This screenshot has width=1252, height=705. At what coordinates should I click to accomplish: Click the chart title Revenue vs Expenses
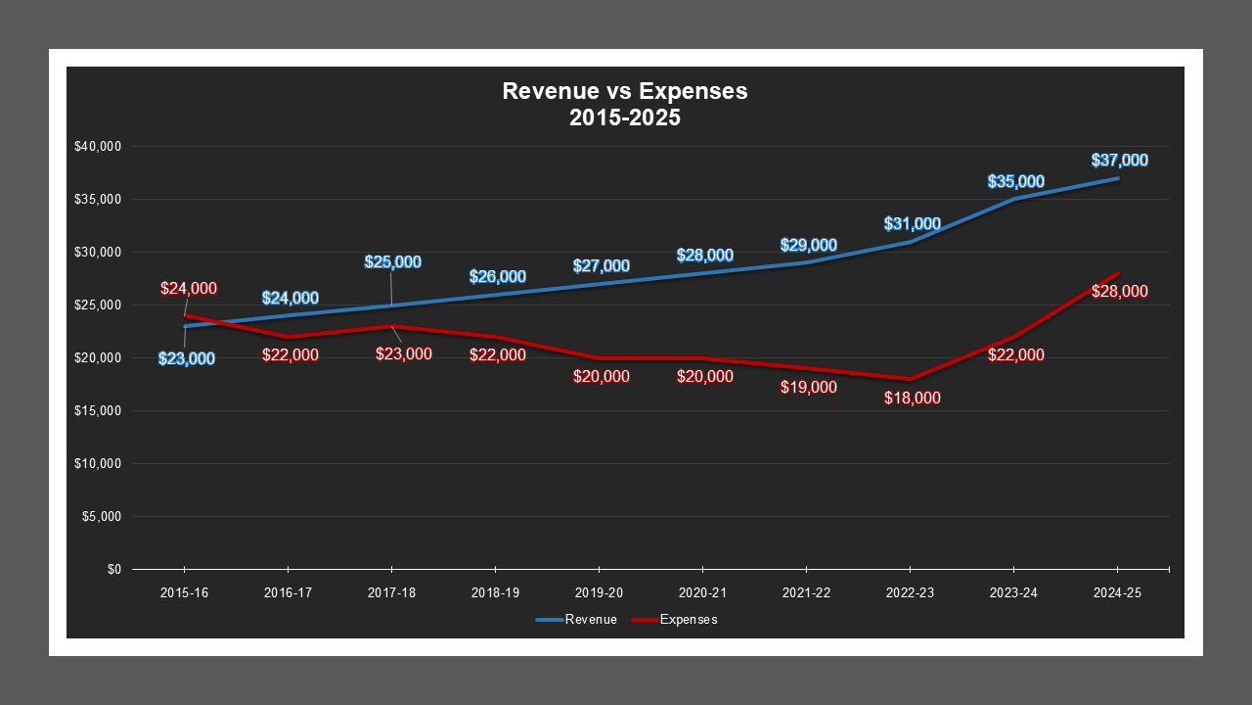click(x=625, y=91)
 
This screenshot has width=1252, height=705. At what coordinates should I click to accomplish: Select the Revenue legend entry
click(x=576, y=620)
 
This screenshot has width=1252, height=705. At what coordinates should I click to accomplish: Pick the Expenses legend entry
click(x=675, y=620)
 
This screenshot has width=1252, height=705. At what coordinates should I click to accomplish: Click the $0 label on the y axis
click(x=113, y=570)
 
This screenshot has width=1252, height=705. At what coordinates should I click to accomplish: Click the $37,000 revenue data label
click(x=1119, y=161)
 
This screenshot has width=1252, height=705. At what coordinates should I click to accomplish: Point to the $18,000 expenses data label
click(x=912, y=399)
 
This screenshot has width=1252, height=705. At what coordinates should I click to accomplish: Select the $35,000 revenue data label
click(x=1015, y=181)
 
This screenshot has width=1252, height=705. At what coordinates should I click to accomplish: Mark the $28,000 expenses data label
click(x=1119, y=292)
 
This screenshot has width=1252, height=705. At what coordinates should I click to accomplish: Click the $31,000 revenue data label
click(x=912, y=224)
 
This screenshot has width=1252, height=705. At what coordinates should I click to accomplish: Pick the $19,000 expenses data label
click(x=808, y=387)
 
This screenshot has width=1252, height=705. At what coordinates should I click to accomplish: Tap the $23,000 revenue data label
click(x=187, y=358)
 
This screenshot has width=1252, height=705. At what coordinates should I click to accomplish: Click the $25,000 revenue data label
click(x=393, y=261)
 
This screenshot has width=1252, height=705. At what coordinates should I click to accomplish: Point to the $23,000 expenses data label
click(x=403, y=353)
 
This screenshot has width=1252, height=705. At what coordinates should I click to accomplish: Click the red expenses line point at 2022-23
click(x=910, y=379)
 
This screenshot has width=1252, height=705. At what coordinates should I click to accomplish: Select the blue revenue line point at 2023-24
click(x=1013, y=199)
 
